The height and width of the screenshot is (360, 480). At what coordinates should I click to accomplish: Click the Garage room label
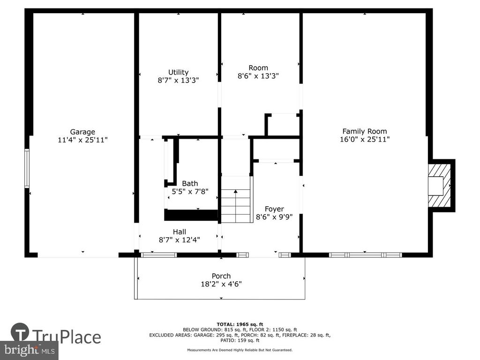coord(82,132)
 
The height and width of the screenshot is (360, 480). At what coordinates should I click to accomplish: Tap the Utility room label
coord(178,72)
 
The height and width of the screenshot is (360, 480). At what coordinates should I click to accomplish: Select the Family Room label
coord(365,131)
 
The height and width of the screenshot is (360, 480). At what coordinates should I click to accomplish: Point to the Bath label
coord(190,183)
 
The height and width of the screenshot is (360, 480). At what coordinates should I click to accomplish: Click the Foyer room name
coord(274,209)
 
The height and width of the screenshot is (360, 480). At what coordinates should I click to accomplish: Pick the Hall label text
coord(180,232)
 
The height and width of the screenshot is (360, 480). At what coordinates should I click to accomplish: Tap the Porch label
coord(221,276)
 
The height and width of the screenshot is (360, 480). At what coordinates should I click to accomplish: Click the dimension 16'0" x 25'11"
coord(365,139)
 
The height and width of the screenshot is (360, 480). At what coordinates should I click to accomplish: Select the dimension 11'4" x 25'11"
coord(82,140)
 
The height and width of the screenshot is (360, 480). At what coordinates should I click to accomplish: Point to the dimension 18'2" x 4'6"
coord(221,284)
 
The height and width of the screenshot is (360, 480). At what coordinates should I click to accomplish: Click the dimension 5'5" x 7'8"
coord(190,192)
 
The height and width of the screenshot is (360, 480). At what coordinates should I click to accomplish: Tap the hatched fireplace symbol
coord(439,186)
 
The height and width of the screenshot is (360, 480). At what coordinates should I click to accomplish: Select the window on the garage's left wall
coord(27,168)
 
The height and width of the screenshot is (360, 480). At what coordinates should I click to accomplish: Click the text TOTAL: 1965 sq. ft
coord(240,324)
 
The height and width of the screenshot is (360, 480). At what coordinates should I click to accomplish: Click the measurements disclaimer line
coord(240,350)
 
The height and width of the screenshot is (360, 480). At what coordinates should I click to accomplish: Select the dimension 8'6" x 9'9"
coord(274,217)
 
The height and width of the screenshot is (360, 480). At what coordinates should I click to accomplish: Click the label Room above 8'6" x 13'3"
coord(258,68)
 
